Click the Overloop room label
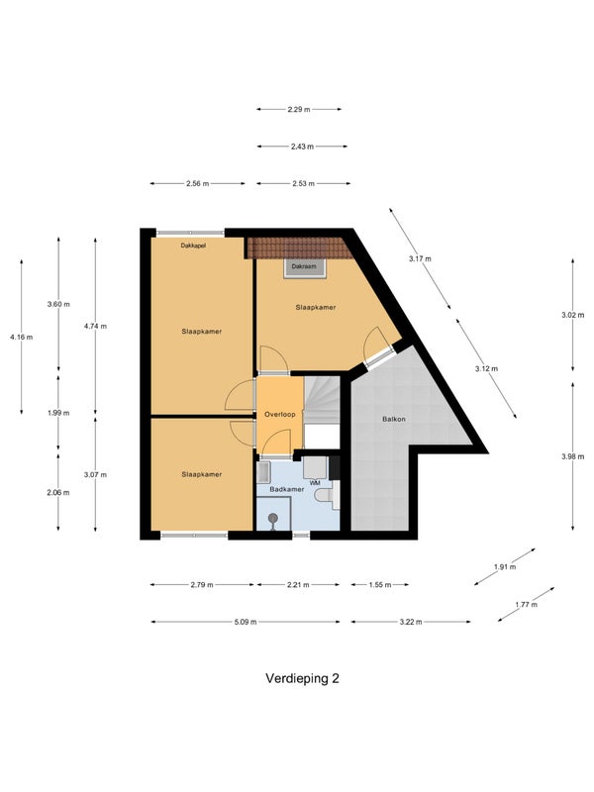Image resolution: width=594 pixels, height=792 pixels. click(280, 415)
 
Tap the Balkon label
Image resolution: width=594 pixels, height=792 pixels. click(394, 419)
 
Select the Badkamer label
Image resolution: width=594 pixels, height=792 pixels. click(287, 489)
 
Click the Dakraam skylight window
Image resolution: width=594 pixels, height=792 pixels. click(304, 267)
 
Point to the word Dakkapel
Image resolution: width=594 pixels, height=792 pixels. click(193, 246)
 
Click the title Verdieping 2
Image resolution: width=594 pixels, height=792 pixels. click(303, 678)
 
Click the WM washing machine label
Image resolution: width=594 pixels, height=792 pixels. click(315, 483)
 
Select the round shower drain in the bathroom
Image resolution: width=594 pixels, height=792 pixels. click(273, 519)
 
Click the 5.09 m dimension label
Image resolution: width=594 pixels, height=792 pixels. click(246, 622)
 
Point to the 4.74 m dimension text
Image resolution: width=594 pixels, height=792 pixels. click(95, 327)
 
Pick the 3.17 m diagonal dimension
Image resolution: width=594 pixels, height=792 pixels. click(420, 259)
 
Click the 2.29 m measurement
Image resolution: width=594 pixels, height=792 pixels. click(299, 109)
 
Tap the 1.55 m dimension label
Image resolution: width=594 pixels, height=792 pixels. click(380, 585)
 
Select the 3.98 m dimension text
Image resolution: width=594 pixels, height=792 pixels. click(573, 456)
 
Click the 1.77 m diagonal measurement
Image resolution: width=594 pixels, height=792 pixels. click(527, 605)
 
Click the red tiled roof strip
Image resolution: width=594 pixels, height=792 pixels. click(300, 248)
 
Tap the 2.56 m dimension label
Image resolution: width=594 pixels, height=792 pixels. click(197, 184)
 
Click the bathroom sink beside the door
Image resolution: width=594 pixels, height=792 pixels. click(262, 472)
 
